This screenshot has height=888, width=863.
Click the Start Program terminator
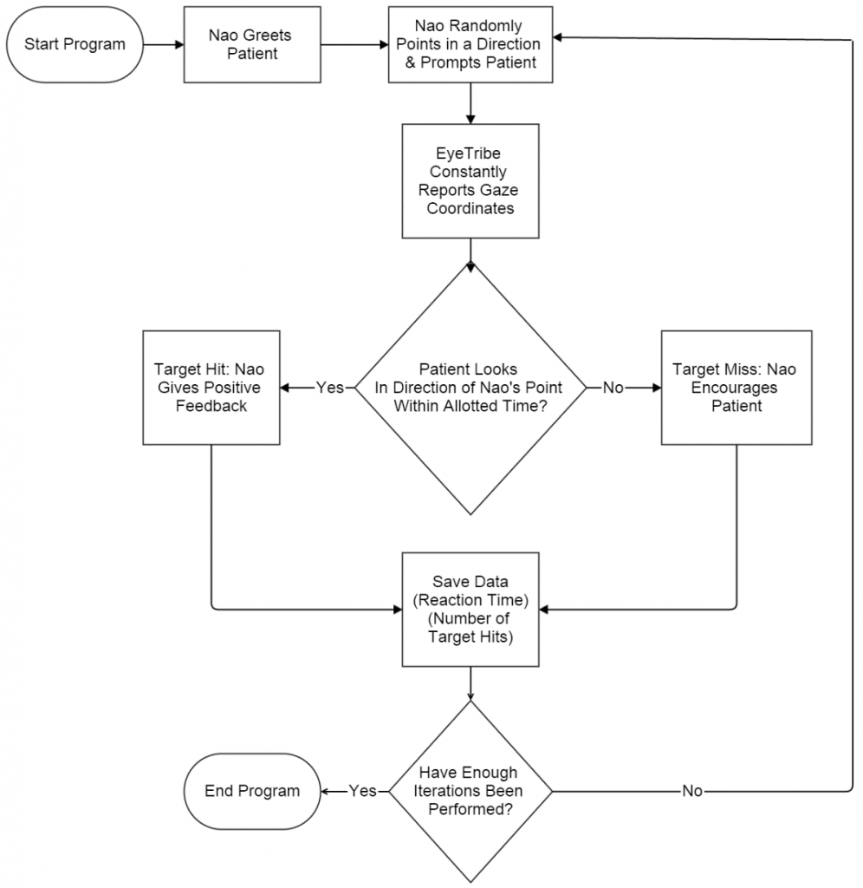(x=74, y=45)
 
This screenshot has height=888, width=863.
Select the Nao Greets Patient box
(x=251, y=45)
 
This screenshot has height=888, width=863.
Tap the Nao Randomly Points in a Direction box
(x=470, y=45)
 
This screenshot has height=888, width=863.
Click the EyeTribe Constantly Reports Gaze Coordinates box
(x=470, y=180)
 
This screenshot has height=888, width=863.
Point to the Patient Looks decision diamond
(x=470, y=388)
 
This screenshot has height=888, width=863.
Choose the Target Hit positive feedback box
(x=211, y=388)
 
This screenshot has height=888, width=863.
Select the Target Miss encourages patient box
(x=736, y=388)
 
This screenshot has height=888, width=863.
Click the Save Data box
(x=470, y=609)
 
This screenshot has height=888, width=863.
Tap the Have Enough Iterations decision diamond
(x=470, y=791)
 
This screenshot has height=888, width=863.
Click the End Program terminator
(x=252, y=791)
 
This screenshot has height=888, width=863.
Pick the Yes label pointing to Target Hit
(x=329, y=388)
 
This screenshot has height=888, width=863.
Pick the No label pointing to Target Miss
(x=613, y=388)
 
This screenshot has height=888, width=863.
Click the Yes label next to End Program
(x=362, y=791)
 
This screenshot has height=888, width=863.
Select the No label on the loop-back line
(x=692, y=791)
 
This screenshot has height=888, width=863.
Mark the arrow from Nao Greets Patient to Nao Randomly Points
(x=354, y=45)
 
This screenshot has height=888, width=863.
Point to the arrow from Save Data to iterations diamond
(x=470, y=683)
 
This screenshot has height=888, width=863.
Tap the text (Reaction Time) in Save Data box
(x=470, y=599)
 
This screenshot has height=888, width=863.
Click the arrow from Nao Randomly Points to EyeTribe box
(x=470, y=103)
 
